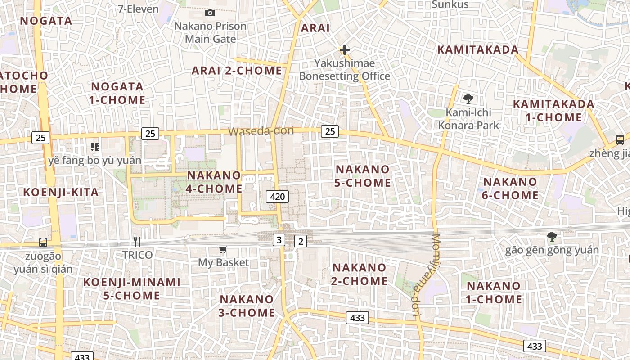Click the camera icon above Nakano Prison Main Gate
(210, 13)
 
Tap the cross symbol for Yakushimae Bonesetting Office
(345, 49)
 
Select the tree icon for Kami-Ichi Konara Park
(468, 99)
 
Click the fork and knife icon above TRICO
(137, 242)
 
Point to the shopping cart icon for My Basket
(223, 249)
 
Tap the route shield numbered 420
(277, 196)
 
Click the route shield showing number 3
(279, 240)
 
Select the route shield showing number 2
(301, 242)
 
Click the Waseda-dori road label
(261, 131)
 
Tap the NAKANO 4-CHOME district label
(214, 182)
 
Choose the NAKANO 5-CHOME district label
(363, 176)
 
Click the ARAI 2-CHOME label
(237, 71)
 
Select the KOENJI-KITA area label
(61, 192)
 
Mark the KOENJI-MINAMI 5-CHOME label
(132, 288)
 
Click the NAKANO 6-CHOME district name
(510, 189)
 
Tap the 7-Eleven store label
(138, 9)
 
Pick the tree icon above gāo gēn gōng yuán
(552, 236)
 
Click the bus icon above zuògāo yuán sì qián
(43, 243)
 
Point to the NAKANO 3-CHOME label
(247, 306)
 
